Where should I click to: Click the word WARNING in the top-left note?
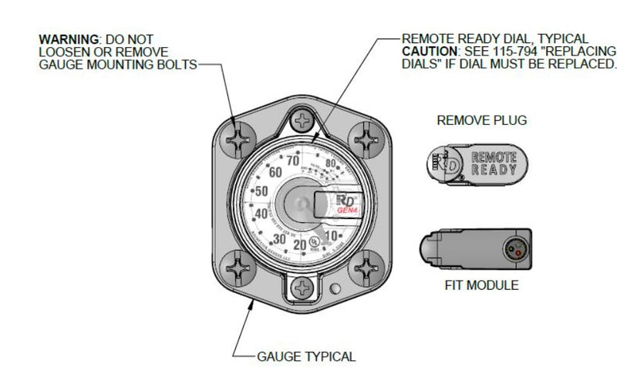point(66,39)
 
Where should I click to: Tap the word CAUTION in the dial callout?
point(427,51)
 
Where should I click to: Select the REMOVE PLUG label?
point(475,121)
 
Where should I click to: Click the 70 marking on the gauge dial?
point(293,161)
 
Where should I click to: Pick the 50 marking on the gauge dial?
point(262,190)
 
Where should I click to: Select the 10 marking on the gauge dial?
point(333,234)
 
